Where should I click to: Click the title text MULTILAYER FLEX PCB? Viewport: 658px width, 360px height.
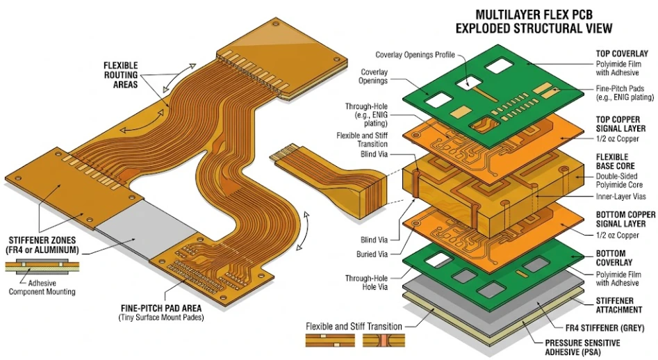(x=534, y=14)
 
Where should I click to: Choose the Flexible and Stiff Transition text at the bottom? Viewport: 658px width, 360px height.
(x=353, y=326)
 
